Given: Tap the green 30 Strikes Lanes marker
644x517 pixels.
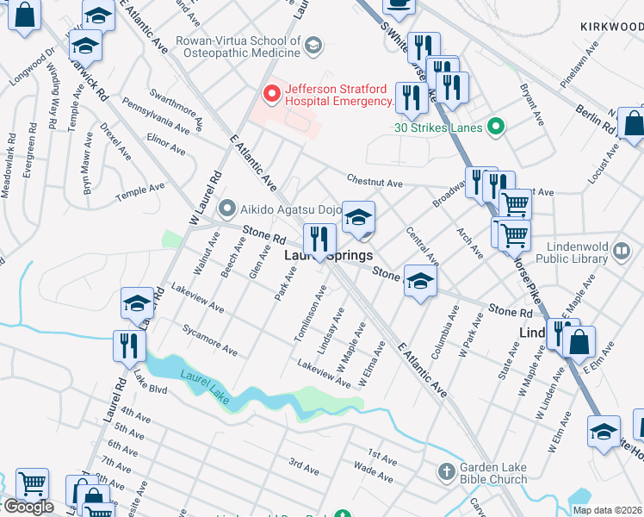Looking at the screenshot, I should tap(494, 128).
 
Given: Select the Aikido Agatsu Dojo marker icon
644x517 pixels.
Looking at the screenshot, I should tap(227, 208).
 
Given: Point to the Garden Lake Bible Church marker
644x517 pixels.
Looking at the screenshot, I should tap(446, 471).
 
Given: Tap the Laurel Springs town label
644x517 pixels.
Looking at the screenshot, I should tap(328, 256).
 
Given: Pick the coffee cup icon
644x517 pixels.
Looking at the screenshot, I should tap(398, 4).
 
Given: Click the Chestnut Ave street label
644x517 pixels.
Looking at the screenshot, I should tap(375, 183).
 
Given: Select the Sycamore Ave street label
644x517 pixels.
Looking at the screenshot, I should tap(209, 339).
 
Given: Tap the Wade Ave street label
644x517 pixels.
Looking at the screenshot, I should tap(374, 471).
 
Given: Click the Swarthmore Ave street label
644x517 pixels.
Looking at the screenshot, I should tap(175, 105).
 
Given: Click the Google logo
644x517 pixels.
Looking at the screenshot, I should tap(28, 507).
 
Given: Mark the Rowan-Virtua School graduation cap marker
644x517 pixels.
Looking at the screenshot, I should tap(313, 45).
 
